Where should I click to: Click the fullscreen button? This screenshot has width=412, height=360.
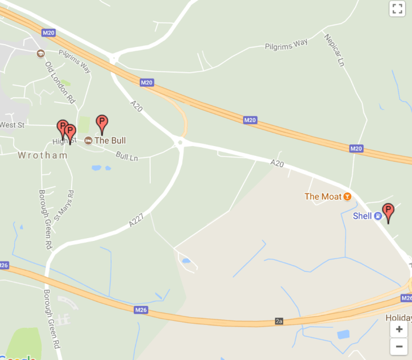pos(397,8)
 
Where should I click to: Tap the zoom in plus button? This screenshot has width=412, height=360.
pos(399,330)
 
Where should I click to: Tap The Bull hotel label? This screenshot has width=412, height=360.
pos(110,141)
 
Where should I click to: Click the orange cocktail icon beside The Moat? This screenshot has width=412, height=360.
pos(347,196)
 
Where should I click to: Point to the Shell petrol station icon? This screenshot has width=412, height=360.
pos(378,216)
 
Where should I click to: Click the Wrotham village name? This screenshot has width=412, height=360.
pos(42,155)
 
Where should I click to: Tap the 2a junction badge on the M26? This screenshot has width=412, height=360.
pos(279,321)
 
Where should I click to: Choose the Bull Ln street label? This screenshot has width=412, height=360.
pos(127,155)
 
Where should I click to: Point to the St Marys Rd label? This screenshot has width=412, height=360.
pos(64,205)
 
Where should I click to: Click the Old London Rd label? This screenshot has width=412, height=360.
pos(60,82)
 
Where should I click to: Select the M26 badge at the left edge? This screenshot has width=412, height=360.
pos(4,265)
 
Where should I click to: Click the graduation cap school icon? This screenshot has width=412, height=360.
pos(40,54)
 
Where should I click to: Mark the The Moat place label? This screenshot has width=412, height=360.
pos(323,196)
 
